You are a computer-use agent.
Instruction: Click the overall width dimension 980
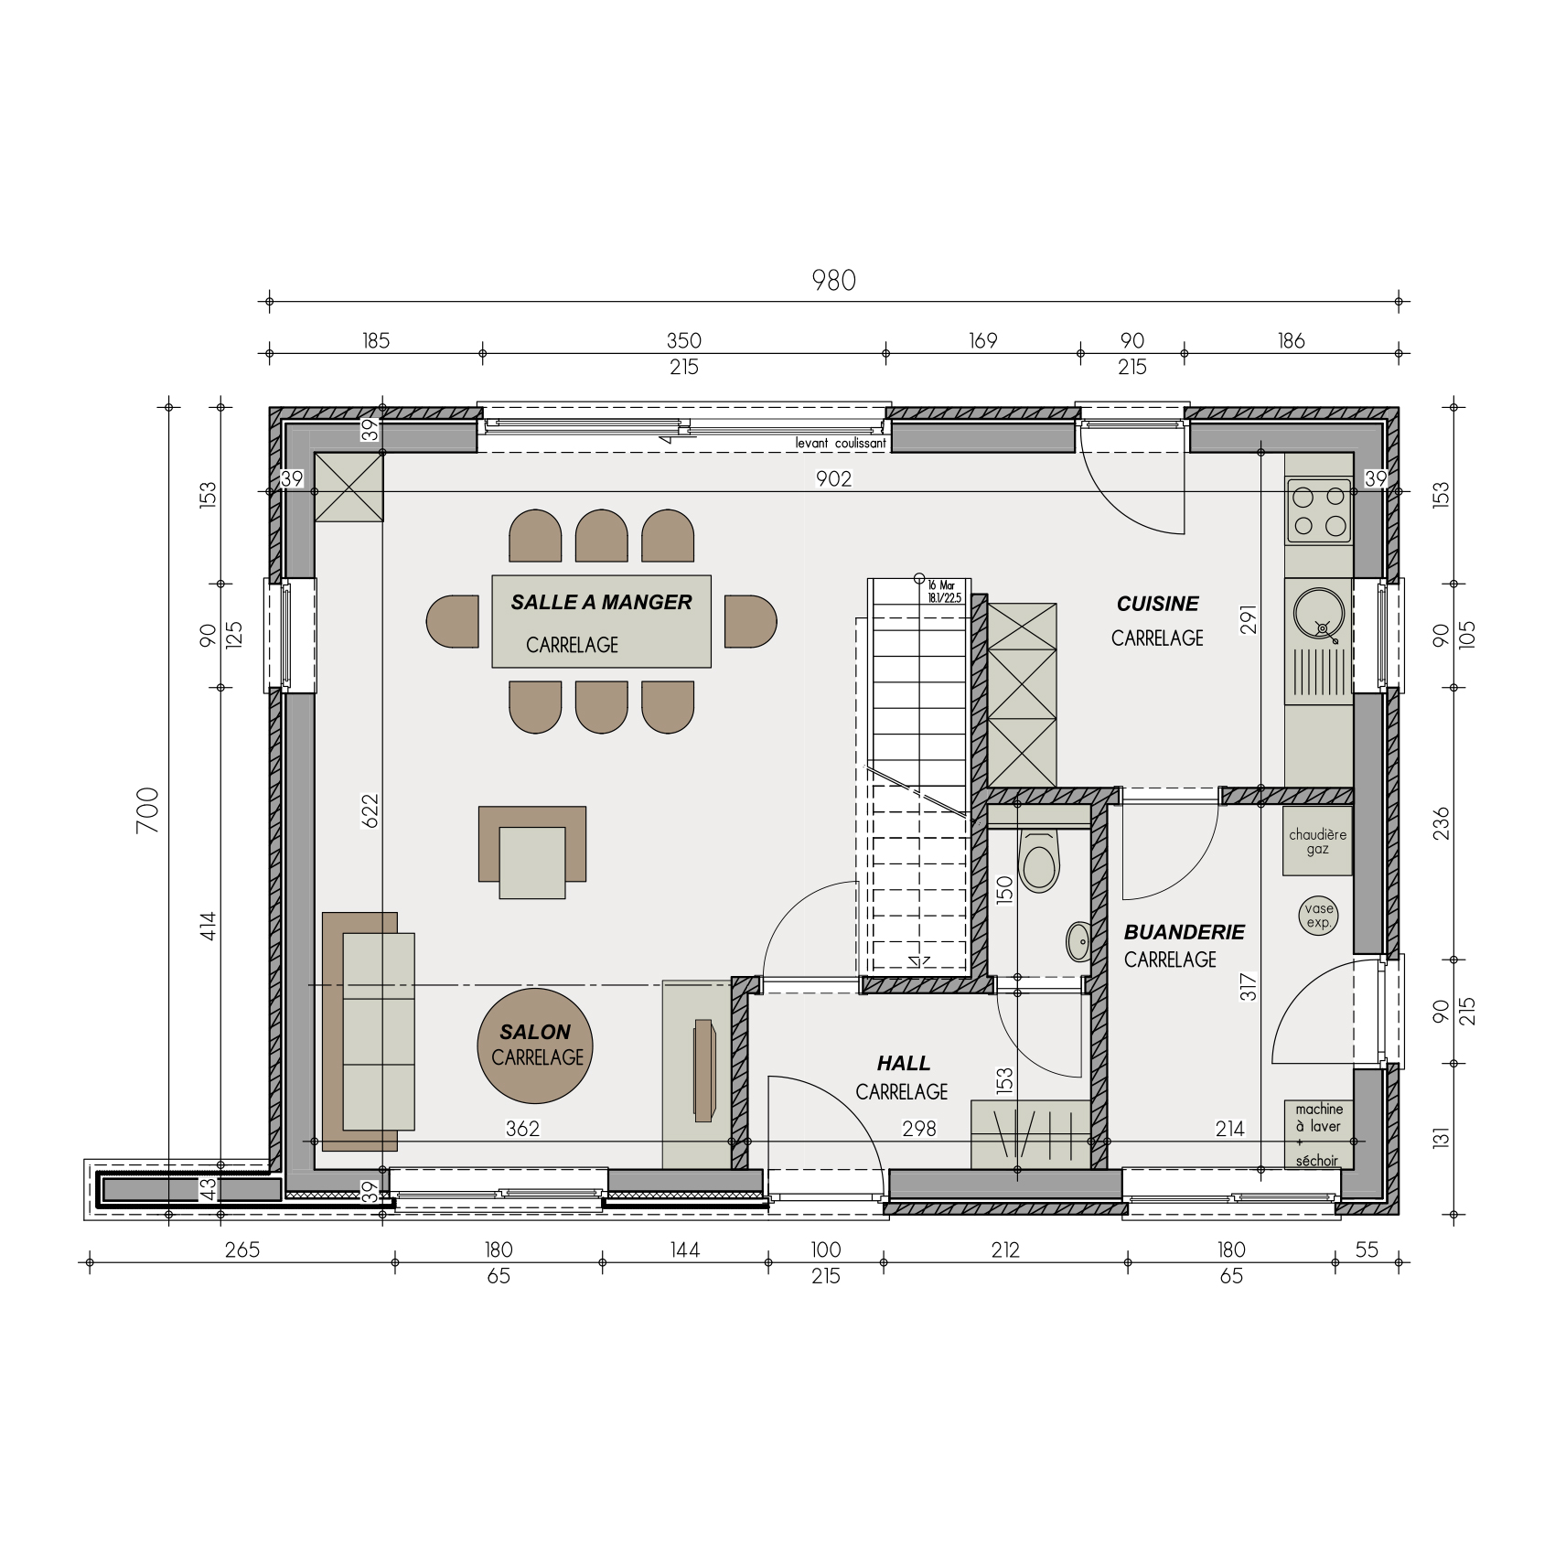click(x=833, y=280)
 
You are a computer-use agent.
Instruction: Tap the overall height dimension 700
click(x=148, y=810)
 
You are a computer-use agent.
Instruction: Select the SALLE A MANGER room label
click(x=601, y=602)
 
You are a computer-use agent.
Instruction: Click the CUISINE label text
click(x=1157, y=604)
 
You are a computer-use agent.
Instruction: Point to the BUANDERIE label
click(x=1184, y=932)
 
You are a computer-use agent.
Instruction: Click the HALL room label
click(x=903, y=1063)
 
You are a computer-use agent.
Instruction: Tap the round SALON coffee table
click(x=535, y=1046)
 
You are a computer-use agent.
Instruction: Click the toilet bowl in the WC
click(x=1038, y=864)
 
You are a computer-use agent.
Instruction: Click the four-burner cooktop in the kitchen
click(x=1318, y=510)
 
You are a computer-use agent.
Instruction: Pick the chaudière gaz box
click(x=1317, y=842)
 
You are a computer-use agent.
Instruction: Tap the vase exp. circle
click(x=1318, y=916)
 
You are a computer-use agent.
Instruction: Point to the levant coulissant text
click(x=840, y=444)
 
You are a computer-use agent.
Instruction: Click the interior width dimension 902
click(x=833, y=478)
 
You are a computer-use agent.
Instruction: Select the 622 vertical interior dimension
click(x=370, y=810)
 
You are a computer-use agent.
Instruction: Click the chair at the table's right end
click(x=750, y=622)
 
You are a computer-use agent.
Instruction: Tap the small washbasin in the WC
click(x=1078, y=941)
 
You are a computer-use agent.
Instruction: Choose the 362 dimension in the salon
click(x=522, y=1129)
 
